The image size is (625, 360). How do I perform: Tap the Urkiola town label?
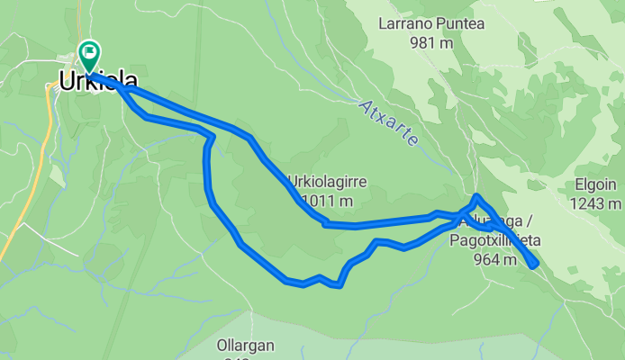click(x=98, y=81)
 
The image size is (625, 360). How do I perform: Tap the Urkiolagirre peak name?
click(x=326, y=180)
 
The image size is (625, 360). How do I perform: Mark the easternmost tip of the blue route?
click(x=536, y=264)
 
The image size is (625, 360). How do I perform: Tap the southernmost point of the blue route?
click(x=339, y=285)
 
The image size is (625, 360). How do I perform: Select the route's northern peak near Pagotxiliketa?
click(x=476, y=196)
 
